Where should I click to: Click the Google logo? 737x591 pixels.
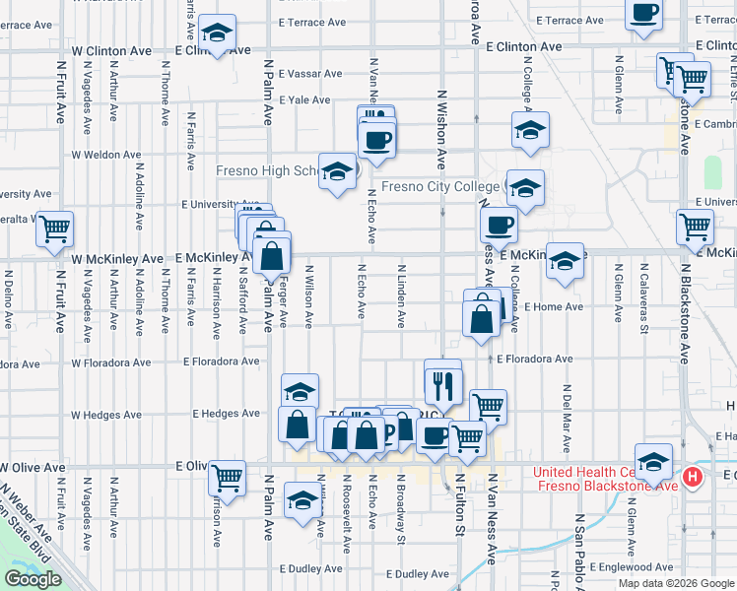pyautogui.click(x=33, y=579)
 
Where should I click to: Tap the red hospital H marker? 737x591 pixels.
pyautogui.click(x=693, y=478)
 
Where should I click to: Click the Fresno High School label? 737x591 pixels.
pyautogui.click(x=266, y=170)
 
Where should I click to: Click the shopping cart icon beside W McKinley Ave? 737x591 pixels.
pyautogui.click(x=54, y=230)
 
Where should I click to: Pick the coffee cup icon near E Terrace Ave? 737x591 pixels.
pyautogui.click(x=644, y=14)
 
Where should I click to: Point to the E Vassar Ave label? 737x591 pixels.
pyautogui.click(x=310, y=74)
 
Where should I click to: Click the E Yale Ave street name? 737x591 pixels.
pyautogui.click(x=304, y=99)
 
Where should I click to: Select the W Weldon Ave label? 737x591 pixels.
pyautogui.click(x=106, y=155)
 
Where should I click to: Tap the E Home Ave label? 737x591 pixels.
pyautogui.click(x=554, y=306)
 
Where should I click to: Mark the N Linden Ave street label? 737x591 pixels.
pyautogui.click(x=401, y=296)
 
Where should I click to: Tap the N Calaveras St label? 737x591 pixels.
pyautogui.click(x=642, y=292)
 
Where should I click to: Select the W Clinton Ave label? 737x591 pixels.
pyautogui.click(x=112, y=49)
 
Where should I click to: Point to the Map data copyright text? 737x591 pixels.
pyautogui.click(x=677, y=583)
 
